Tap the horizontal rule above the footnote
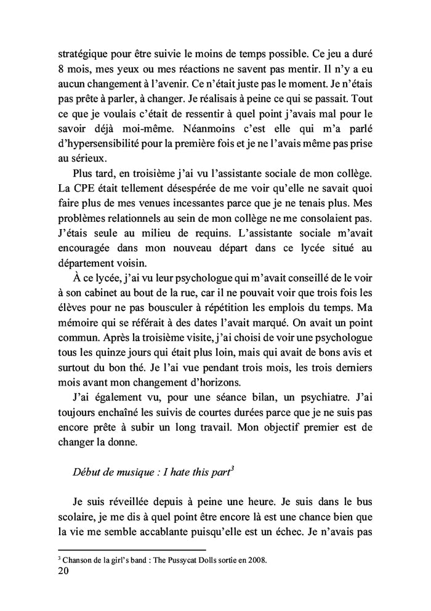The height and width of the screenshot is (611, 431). (x=131, y=549)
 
